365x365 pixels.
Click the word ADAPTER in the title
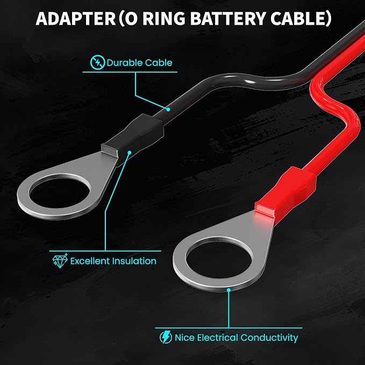tap(76, 18)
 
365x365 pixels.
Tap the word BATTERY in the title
tap(228, 18)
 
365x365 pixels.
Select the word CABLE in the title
tap(298, 18)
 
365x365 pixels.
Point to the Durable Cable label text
tap(139, 62)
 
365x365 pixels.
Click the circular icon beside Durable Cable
tap(97, 62)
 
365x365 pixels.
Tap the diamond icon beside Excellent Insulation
tap(60, 261)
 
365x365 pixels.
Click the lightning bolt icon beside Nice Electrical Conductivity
tap(166, 337)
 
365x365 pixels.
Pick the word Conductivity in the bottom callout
tap(269, 338)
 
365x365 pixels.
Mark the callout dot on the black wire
tap(168, 109)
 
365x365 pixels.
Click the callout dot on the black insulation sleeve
tap(130, 153)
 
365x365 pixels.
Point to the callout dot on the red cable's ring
tap(229, 290)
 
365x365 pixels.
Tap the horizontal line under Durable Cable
tap(130, 72)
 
